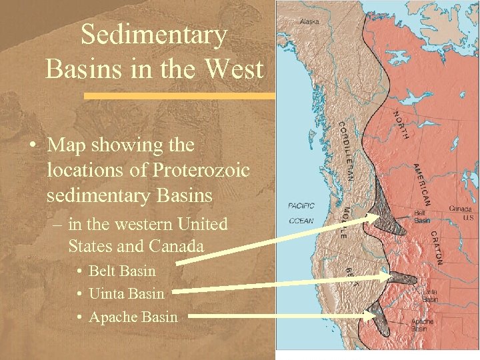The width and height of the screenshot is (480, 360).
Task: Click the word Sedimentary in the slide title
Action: [x=154, y=35]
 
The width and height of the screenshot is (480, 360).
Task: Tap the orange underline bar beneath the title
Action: [x=180, y=96]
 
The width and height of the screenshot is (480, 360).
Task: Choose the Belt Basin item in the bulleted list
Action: [x=122, y=271]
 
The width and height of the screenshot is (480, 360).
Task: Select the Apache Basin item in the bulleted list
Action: [x=133, y=317]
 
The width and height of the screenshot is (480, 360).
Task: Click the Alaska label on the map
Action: [x=309, y=21]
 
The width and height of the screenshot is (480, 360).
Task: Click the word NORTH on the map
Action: [x=400, y=125]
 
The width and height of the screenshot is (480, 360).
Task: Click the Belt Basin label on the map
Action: [x=422, y=217]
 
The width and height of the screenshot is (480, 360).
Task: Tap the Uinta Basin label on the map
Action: [x=429, y=296]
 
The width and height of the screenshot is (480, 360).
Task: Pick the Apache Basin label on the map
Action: [x=421, y=325]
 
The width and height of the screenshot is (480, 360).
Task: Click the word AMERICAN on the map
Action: [x=423, y=184]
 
